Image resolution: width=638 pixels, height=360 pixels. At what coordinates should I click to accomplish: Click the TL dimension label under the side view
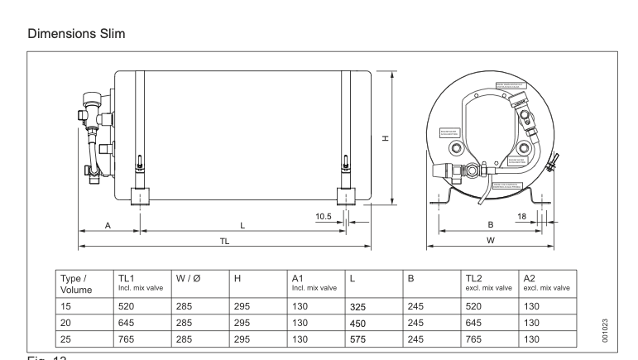[224, 241]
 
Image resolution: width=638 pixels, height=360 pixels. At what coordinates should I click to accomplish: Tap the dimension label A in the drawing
[109, 225]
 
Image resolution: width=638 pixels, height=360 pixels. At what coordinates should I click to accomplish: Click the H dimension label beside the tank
[386, 139]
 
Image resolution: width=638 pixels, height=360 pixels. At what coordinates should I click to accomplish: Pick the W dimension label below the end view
[491, 241]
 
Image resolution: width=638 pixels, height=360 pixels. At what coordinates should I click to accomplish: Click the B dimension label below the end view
[491, 225]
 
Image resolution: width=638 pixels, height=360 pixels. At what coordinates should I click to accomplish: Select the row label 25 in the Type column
[68, 338]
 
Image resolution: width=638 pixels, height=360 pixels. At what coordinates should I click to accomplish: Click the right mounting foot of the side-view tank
[346, 197]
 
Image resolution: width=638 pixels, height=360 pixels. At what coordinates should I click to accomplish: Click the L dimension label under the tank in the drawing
[242, 225]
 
